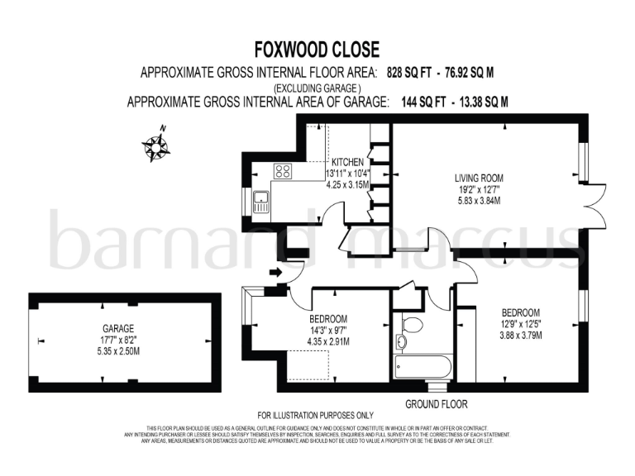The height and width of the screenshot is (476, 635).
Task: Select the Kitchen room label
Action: click(x=347, y=162)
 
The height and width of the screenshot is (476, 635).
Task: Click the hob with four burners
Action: click(x=284, y=172)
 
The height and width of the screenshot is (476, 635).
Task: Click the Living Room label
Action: click(x=479, y=178)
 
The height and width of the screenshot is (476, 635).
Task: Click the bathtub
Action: click(x=422, y=365)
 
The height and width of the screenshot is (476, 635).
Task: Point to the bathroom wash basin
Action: click(x=402, y=342)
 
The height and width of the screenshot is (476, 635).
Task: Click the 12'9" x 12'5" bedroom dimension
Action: click(x=521, y=324)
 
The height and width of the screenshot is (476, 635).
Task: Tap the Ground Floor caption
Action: click(x=436, y=404)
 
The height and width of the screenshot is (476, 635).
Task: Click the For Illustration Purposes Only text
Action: click(x=316, y=415)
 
